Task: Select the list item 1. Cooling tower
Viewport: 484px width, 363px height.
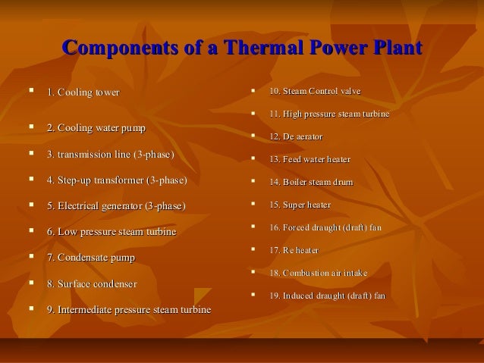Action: [83, 93]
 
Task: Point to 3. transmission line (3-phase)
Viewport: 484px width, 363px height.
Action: [110, 155]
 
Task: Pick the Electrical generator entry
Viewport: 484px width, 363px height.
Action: [115, 206]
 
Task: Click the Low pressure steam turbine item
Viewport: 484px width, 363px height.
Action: [111, 232]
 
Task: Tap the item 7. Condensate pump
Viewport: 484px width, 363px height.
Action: [90, 258]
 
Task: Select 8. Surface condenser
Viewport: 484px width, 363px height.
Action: [92, 284]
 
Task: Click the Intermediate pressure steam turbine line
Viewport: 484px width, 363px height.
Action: [129, 310]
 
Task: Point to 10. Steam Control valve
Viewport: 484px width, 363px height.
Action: [315, 92]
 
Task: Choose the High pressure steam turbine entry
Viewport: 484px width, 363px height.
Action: [329, 114]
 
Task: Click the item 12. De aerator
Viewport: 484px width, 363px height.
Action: [296, 137]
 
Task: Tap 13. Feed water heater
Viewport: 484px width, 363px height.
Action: [310, 160]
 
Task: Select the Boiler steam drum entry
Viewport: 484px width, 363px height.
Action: [311, 183]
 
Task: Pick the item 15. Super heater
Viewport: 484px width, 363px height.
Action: [300, 205]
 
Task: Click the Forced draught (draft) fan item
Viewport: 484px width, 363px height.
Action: [325, 227]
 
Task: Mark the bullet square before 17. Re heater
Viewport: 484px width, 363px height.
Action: [253, 249]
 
